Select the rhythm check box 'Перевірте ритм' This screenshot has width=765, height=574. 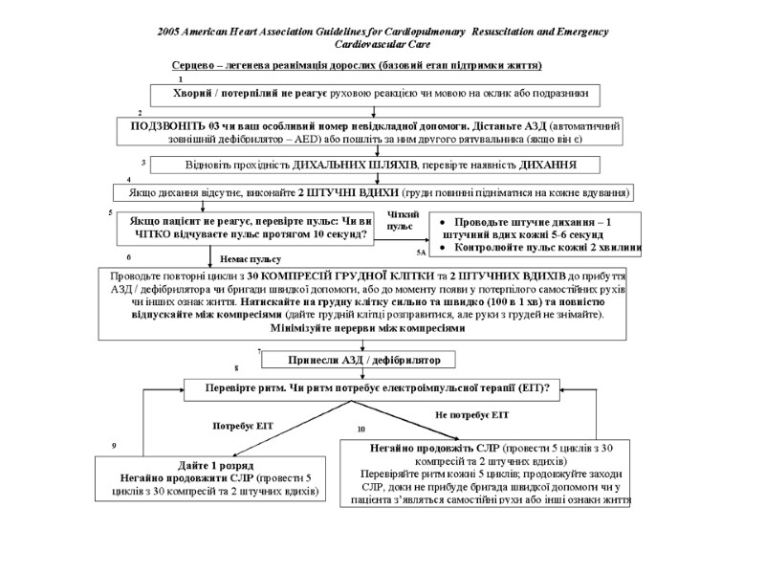click(x=377, y=388)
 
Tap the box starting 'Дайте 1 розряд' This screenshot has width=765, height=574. click(x=208, y=479)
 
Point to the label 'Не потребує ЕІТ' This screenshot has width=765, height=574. click(x=471, y=415)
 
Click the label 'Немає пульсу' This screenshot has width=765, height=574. click(x=251, y=258)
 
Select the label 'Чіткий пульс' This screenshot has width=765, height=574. click(x=401, y=220)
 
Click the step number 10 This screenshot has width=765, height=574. click(x=361, y=430)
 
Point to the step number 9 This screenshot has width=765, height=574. click(x=114, y=446)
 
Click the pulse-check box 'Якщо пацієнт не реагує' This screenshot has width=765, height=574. click(x=248, y=226)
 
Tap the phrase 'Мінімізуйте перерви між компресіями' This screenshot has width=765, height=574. click(x=361, y=327)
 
